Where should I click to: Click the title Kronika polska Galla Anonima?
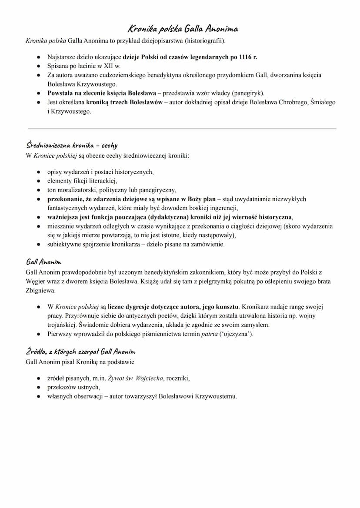point(183,29)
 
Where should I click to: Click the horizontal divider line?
point(182,129)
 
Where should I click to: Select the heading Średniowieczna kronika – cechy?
point(72,145)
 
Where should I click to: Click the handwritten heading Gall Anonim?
point(43,262)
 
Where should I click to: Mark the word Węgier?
point(35,281)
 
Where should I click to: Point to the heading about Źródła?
point(80,352)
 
